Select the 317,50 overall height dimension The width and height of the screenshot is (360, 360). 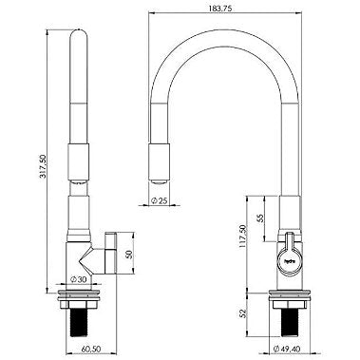click(x=43, y=166)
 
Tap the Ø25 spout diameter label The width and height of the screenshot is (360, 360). click(x=160, y=200)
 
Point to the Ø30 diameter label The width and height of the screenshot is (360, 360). click(x=78, y=279)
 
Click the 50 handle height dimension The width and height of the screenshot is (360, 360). click(x=129, y=255)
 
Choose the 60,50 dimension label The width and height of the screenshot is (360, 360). click(x=91, y=349)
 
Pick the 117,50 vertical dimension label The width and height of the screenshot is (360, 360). click(x=243, y=237)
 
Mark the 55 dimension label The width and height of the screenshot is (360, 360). click(x=260, y=218)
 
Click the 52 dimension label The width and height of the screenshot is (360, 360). click(x=243, y=313)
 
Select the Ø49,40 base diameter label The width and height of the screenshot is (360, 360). click(x=287, y=349)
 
